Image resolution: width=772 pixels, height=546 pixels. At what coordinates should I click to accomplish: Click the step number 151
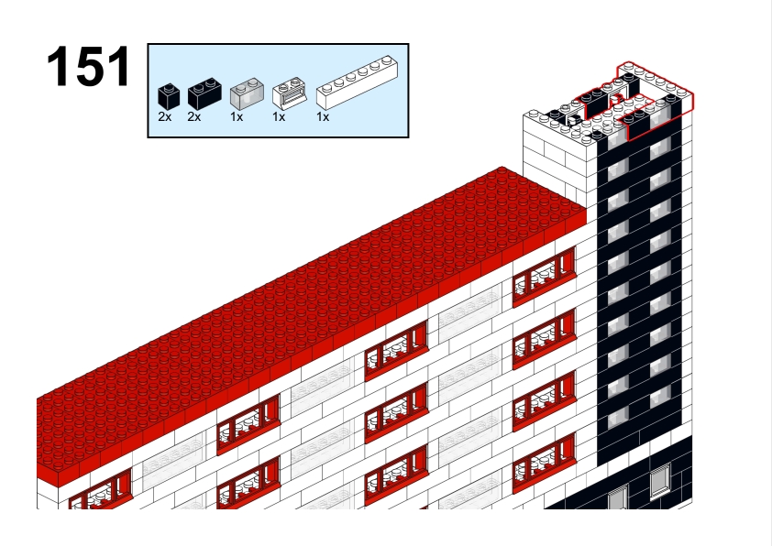[89, 67]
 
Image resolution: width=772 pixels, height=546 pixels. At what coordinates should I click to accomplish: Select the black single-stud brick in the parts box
[169, 96]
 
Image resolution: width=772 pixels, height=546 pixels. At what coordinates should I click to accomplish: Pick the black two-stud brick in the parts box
[204, 93]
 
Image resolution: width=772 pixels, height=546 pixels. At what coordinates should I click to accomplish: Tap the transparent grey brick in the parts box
[247, 94]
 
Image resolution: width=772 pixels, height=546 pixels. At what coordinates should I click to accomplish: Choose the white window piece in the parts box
[290, 93]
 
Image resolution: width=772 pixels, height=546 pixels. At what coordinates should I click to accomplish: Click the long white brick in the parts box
[357, 82]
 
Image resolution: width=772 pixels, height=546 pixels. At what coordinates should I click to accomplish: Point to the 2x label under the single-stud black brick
[165, 117]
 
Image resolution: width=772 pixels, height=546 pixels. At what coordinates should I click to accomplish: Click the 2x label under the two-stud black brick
[194, 117]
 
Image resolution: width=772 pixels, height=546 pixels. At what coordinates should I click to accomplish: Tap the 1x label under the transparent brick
[237, 117]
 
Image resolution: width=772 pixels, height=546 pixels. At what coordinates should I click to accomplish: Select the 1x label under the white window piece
[279, 117]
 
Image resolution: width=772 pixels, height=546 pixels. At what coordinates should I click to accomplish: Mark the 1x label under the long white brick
[323, 117]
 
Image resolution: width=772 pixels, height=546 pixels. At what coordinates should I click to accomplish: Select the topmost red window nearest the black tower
[544, 277]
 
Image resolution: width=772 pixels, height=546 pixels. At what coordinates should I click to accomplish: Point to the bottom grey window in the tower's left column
[618, 418]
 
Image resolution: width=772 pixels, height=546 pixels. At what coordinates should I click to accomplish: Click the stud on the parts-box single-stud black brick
[169, 88]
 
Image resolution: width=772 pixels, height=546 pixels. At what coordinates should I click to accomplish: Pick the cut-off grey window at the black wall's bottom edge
[618, 497]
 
